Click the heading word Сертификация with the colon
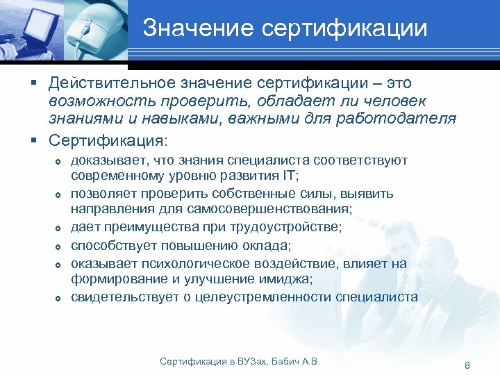(108, 140)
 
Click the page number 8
(467, 365)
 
